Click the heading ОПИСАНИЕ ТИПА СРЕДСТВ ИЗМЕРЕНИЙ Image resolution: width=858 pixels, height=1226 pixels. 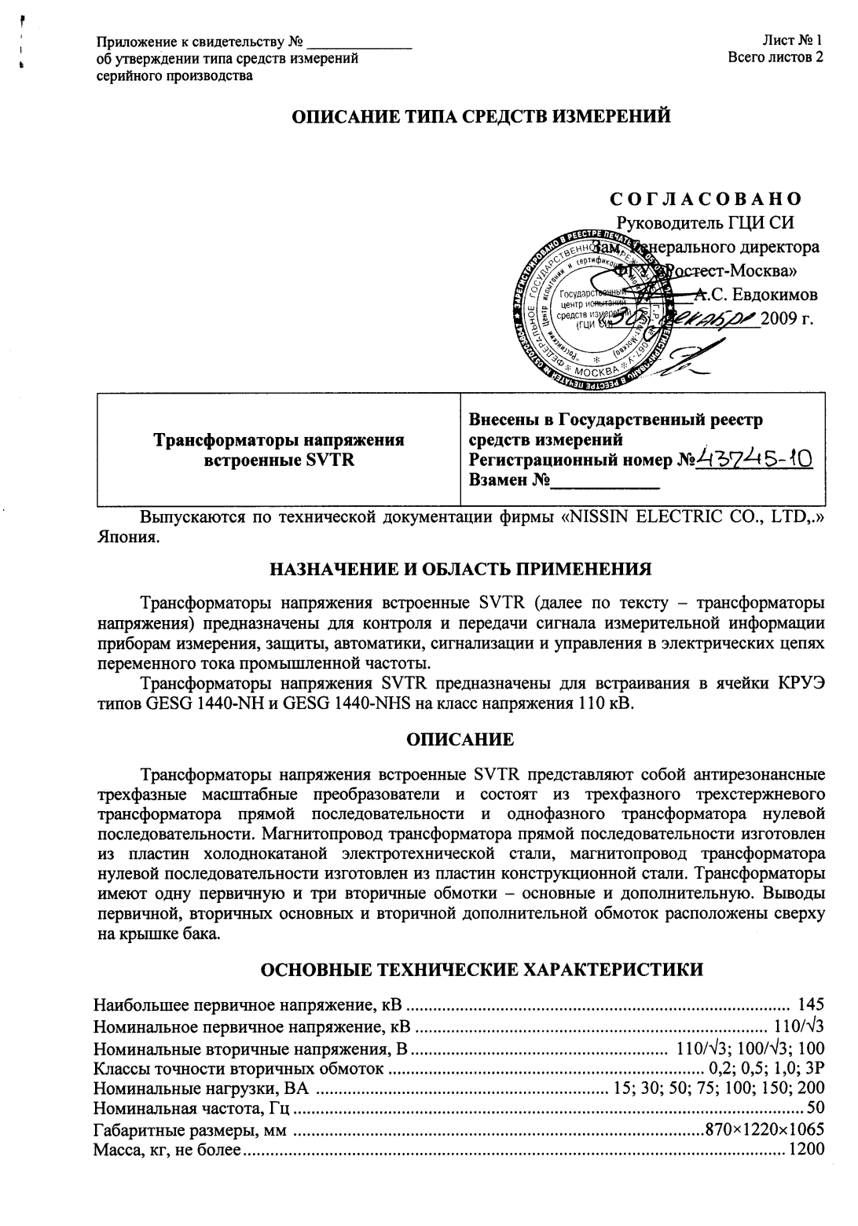481,117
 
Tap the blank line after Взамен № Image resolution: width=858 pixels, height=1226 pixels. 605,480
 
